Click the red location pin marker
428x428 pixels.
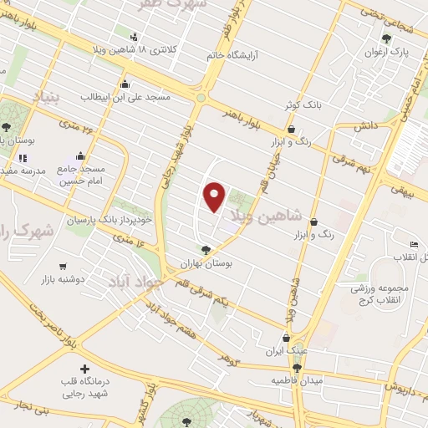pos(216,196)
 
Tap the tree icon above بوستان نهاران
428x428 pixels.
pos(206,248)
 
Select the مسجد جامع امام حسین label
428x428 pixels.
pos(80,171)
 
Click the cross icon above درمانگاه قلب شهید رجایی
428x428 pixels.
pos(84,369)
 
